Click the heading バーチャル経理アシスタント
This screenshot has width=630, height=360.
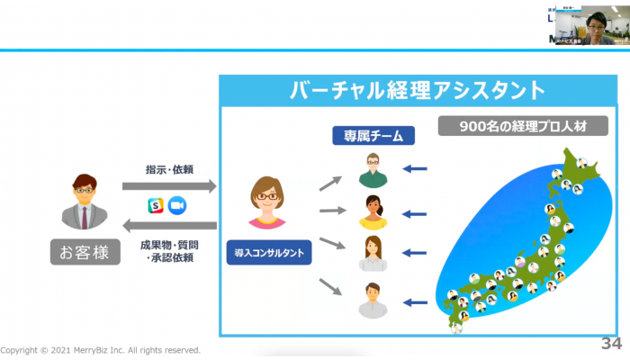coord(418,90)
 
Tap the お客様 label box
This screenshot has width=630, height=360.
coord(86,252)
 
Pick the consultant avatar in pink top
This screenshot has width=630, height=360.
coord(268,203)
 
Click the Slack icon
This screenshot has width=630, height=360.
coord(155,206)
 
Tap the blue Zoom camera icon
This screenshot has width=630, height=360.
coord(176,206)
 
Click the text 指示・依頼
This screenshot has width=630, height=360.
coord(169,169)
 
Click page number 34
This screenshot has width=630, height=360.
coord(611,343)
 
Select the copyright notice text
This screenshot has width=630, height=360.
coord(100,350)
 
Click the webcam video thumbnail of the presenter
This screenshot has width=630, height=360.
coord(589,27)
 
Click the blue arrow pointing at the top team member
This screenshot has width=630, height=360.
coord(415,168)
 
